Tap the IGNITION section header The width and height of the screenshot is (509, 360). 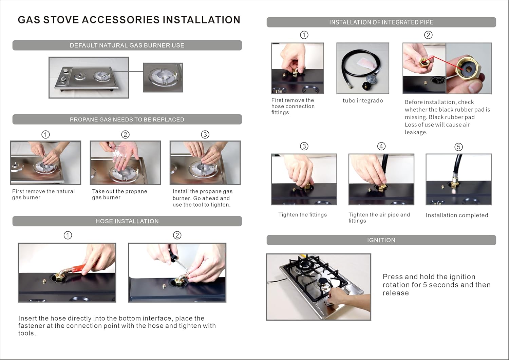point(381,240)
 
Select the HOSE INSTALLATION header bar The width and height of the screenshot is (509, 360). point(127,221)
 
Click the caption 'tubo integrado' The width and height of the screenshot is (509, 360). point(363,100)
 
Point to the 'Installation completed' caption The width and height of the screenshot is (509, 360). point(457,215)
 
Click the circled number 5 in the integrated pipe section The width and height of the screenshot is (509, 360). point(458,147)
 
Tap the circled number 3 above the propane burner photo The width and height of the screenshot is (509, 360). point(205,135)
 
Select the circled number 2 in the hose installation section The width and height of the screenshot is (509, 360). point(177,235)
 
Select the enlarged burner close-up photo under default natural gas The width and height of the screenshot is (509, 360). point(163,77)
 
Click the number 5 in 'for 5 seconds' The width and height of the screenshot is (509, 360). point(425,285)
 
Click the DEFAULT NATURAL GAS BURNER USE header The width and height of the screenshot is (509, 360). point(127,45)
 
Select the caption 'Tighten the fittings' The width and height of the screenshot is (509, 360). point(302,215)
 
